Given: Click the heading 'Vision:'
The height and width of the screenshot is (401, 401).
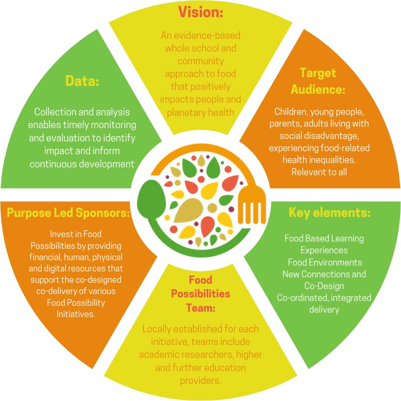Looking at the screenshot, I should click(200, 12).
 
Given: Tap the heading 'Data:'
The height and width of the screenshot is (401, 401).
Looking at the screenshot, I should click(82, 81).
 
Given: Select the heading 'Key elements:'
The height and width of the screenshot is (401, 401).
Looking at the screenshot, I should click(329, 213).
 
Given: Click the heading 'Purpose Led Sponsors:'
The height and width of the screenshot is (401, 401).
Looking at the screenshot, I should click(68, 213).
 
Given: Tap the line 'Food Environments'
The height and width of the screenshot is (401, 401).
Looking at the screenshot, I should click(324, 262).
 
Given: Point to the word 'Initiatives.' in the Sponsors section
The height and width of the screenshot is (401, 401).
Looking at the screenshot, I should click(76, 314).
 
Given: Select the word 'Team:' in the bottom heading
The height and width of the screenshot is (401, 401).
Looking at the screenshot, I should click(200, 308).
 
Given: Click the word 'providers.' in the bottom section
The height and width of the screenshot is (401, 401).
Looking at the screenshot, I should click(200, 380).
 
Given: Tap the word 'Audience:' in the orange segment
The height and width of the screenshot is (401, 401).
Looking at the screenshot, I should click(318, 90).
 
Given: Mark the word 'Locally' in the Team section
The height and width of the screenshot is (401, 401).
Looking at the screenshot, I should click(157, 329).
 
